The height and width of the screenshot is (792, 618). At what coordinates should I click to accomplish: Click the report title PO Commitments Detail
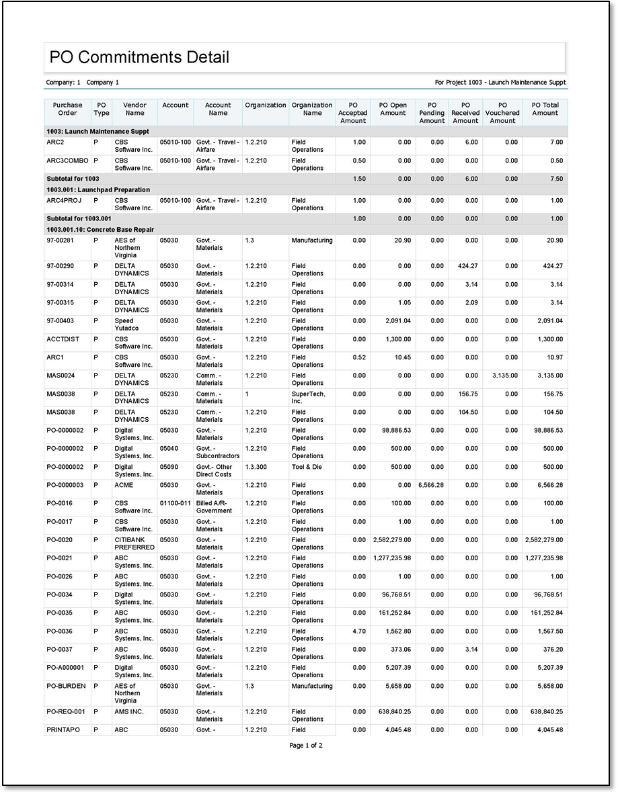pyautogui.click(x=139, y=58)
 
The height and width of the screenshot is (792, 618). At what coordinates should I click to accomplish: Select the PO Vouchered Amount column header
pyautogui.click(x=502, y=113)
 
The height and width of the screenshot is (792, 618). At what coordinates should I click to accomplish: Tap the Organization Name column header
pyautogui.click(x=312, y=109)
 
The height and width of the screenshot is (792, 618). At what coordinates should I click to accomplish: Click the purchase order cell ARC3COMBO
pyautogui.click(x=67, y=161)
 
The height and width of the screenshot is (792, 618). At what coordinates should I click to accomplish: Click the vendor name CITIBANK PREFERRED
pyautogui.click(x=134, y=543)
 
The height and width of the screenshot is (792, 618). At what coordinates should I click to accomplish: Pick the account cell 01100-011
pyautogui.click(x=176, y=503)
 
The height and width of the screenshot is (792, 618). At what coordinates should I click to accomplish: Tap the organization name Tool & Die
pyautogui.click(x=307, y=467)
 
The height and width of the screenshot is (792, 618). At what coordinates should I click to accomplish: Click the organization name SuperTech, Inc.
pyautogui.click(x=308, y=398)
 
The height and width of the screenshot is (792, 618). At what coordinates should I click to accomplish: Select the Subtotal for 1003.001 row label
pyautogui.click(x=79, y=219)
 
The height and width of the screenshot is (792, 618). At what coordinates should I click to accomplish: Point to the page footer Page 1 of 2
pyautogui.click(x=306, y=746)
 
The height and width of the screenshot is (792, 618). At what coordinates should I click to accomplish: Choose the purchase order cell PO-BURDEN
pyautogui.click(x=67, y=687)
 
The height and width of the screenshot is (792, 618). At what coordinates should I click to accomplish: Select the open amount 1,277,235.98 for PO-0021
pyautogui.click(x=392, y=558)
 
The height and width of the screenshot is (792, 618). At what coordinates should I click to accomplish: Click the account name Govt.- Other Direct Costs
pyautogui.click(x=215, y=470)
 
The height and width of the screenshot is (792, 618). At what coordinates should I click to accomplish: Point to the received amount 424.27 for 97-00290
pyautogui.click(x=465, y=267)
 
